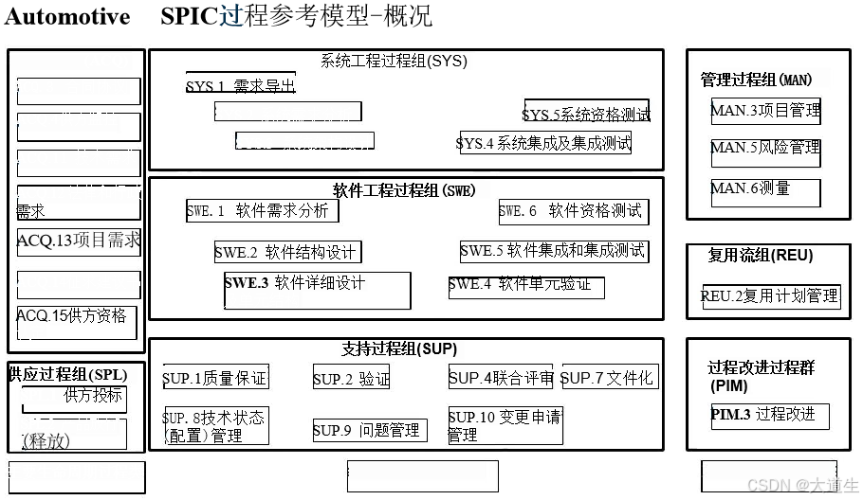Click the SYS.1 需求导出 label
(x=240, y=86)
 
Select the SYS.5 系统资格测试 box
(x=587, y=113)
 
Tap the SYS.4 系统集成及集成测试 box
(x=545, y=143)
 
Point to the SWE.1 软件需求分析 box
(x=262, y=210)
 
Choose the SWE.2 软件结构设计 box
(x=287, y=252)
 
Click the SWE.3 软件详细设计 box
(x=317, y=290)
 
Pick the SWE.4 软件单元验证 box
(x=526, y=286)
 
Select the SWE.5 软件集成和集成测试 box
(x=554, y=251)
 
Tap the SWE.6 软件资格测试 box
(x=573, y=211)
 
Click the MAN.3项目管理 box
(x=765, y=111)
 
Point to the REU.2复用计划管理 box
(x=771, y=296)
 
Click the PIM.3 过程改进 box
(x=770, y=417)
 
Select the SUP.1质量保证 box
(x=215, y=378)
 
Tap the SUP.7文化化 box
(x=609, y=377)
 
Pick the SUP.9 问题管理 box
(x=369, y=430)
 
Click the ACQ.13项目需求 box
(x=79, y=241)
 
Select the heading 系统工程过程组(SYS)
(x=394, y=62)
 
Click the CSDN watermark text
(x=802, y=485)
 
